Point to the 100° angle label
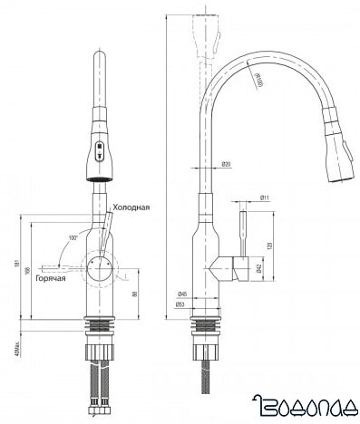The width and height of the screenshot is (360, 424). (x=73, y=240)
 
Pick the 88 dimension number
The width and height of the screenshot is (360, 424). (x=135, y=293)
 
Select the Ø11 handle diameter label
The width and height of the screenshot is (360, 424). (x=264, y=197)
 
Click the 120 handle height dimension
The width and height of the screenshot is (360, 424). (x=272, y=245)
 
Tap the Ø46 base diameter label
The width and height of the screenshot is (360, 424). (x=181, y=294)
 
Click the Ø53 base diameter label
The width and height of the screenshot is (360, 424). (x=181, y=305)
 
